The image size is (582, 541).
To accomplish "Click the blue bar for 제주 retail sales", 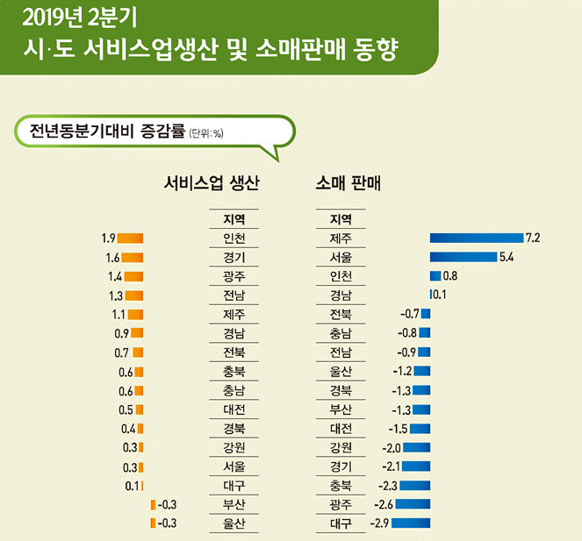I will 475,238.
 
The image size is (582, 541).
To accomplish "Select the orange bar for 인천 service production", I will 131,238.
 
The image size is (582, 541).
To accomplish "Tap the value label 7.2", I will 532,238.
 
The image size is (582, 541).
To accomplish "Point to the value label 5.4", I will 506,257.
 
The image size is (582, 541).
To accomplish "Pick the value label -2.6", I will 383,504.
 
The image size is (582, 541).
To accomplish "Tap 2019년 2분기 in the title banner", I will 77,18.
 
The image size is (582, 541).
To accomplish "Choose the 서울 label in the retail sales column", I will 341,257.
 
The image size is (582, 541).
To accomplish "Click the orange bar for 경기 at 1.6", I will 132,257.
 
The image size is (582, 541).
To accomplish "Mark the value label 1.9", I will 109,238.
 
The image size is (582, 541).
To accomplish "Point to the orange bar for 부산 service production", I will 153,504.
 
